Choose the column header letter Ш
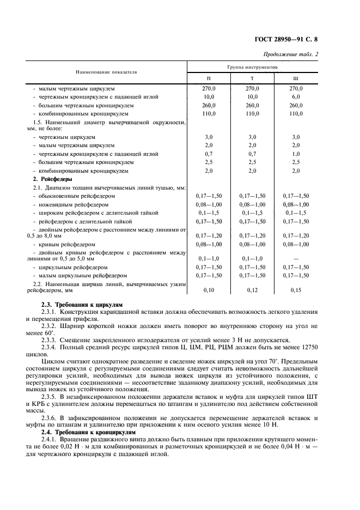click(x=296, y=78)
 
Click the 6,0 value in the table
click(x=296, y=96)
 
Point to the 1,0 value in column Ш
click(x=296, y=154)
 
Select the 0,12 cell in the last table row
click(x=251, y=290)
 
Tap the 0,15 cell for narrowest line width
click(x=296, y=290)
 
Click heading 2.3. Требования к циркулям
click(x=82, y=304)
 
